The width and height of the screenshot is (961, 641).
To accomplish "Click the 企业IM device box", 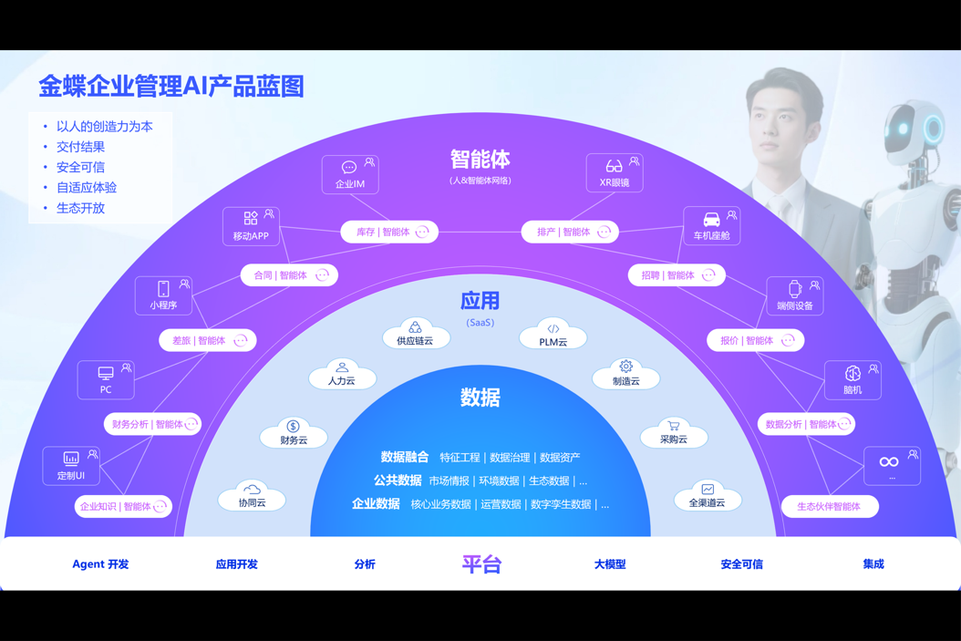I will click(x=350, y=174).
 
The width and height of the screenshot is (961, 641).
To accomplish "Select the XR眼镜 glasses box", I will click(x=614, y=173).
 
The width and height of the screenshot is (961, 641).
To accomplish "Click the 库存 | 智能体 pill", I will click(x=389, y=233).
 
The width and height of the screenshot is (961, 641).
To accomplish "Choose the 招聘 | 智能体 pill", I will click(x=677, y=275).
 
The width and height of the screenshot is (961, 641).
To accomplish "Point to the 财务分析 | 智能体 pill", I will click(x=152, y=424).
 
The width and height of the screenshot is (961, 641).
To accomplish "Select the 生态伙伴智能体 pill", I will click(x=830, y=506).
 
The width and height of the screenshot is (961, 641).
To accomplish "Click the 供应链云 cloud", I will click(x=415, y=335).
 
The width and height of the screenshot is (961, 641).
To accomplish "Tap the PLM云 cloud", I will click(x=553, y=336).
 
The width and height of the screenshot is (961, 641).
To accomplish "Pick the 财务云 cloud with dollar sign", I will click(x=294, y=433).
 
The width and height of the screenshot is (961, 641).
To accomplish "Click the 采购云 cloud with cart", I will click(x=674, y=432).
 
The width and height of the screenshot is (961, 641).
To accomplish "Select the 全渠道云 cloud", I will click(x=707, y=496).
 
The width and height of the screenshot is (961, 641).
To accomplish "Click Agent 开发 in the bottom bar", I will click(x=100, y=564).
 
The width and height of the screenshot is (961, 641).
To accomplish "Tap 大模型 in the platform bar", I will click(x=610, y=564).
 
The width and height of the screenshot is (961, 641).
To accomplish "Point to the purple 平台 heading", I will click(x=481, y=564).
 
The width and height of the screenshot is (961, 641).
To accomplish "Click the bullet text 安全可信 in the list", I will click(x=80, y=167).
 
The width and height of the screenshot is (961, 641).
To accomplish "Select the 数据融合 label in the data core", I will click(x=404, y=457).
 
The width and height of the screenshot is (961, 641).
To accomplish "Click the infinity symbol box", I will click(x=891, y=465).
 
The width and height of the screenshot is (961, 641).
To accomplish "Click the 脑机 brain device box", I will click(x=852, y=379).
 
